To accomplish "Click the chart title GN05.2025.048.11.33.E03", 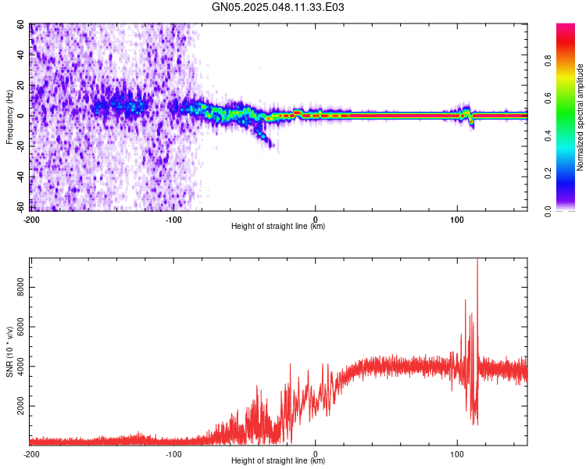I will [x=278, y=7].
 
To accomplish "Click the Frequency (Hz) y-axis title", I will [x=9, y=117].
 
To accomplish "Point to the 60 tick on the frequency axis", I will [x=20, y=25].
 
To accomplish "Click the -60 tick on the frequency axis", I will [x=18, y=206].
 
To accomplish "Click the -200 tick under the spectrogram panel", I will [x=32, y=219].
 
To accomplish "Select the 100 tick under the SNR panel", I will [x=458, y=453].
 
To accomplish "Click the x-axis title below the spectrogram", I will [x=278, y=227].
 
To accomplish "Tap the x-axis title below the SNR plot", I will [x=278, y=461].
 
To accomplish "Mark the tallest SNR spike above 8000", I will [x=477, y=261].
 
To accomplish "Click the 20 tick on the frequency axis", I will [x=20, y=85].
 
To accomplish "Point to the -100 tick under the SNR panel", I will [x=173, y=453].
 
